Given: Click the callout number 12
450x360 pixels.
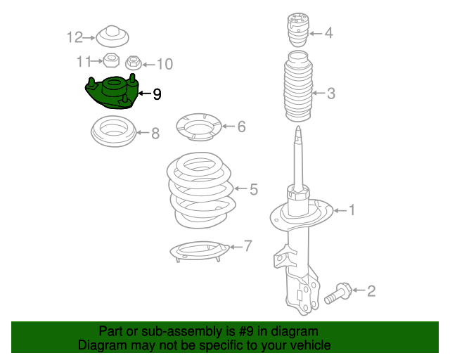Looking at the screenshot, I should [75, 37].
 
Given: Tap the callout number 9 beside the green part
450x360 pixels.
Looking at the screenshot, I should [157, 94].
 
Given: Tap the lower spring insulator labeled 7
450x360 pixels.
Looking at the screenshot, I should [200, 249].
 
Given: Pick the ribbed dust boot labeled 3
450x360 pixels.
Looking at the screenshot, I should [297, 94].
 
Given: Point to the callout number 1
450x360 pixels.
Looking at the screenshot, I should [352, 210].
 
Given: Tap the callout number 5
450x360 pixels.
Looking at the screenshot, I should [253, 188].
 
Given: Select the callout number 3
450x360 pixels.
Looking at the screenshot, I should [330, 93].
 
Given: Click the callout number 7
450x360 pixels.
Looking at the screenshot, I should [247, 245].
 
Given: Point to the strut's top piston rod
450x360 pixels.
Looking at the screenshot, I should [298, 155].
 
